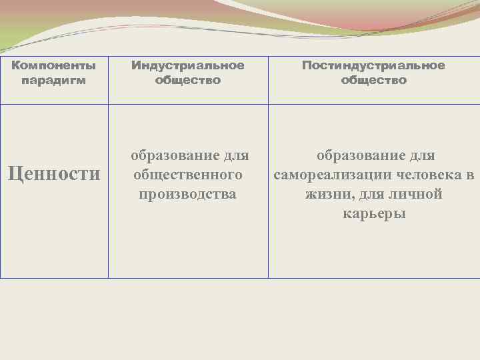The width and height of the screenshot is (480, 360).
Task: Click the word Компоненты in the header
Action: pos(54,66)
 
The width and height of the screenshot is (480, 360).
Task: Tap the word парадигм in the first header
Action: pos(54,80)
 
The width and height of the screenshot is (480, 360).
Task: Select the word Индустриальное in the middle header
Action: pos(188,66)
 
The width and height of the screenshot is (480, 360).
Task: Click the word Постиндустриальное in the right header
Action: pos(373,65)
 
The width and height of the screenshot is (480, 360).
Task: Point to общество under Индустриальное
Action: pos(188,80)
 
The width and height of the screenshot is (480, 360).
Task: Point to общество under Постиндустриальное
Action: pos(373,80)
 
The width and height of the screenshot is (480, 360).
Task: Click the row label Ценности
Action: pos(53,174)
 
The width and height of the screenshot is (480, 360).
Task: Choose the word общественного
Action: pos(187,175)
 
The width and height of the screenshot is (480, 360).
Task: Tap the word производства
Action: pos(188,195)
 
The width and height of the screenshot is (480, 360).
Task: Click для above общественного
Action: pos(235,156)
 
